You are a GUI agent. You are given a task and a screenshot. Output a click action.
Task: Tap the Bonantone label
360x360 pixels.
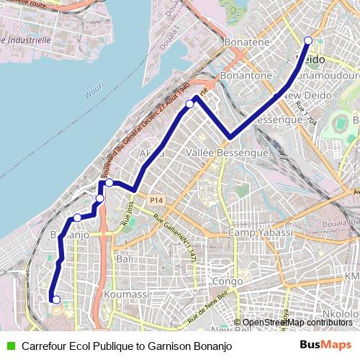tap(246, 75)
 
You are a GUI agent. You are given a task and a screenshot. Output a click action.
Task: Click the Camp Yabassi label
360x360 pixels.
tap(261, 233)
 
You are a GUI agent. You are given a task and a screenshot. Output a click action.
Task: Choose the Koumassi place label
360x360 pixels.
tap(125, 295)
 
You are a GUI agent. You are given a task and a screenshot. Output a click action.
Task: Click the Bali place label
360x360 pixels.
tap(124, 258)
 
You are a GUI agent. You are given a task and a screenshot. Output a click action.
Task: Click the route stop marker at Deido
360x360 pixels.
tap(308, 41)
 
